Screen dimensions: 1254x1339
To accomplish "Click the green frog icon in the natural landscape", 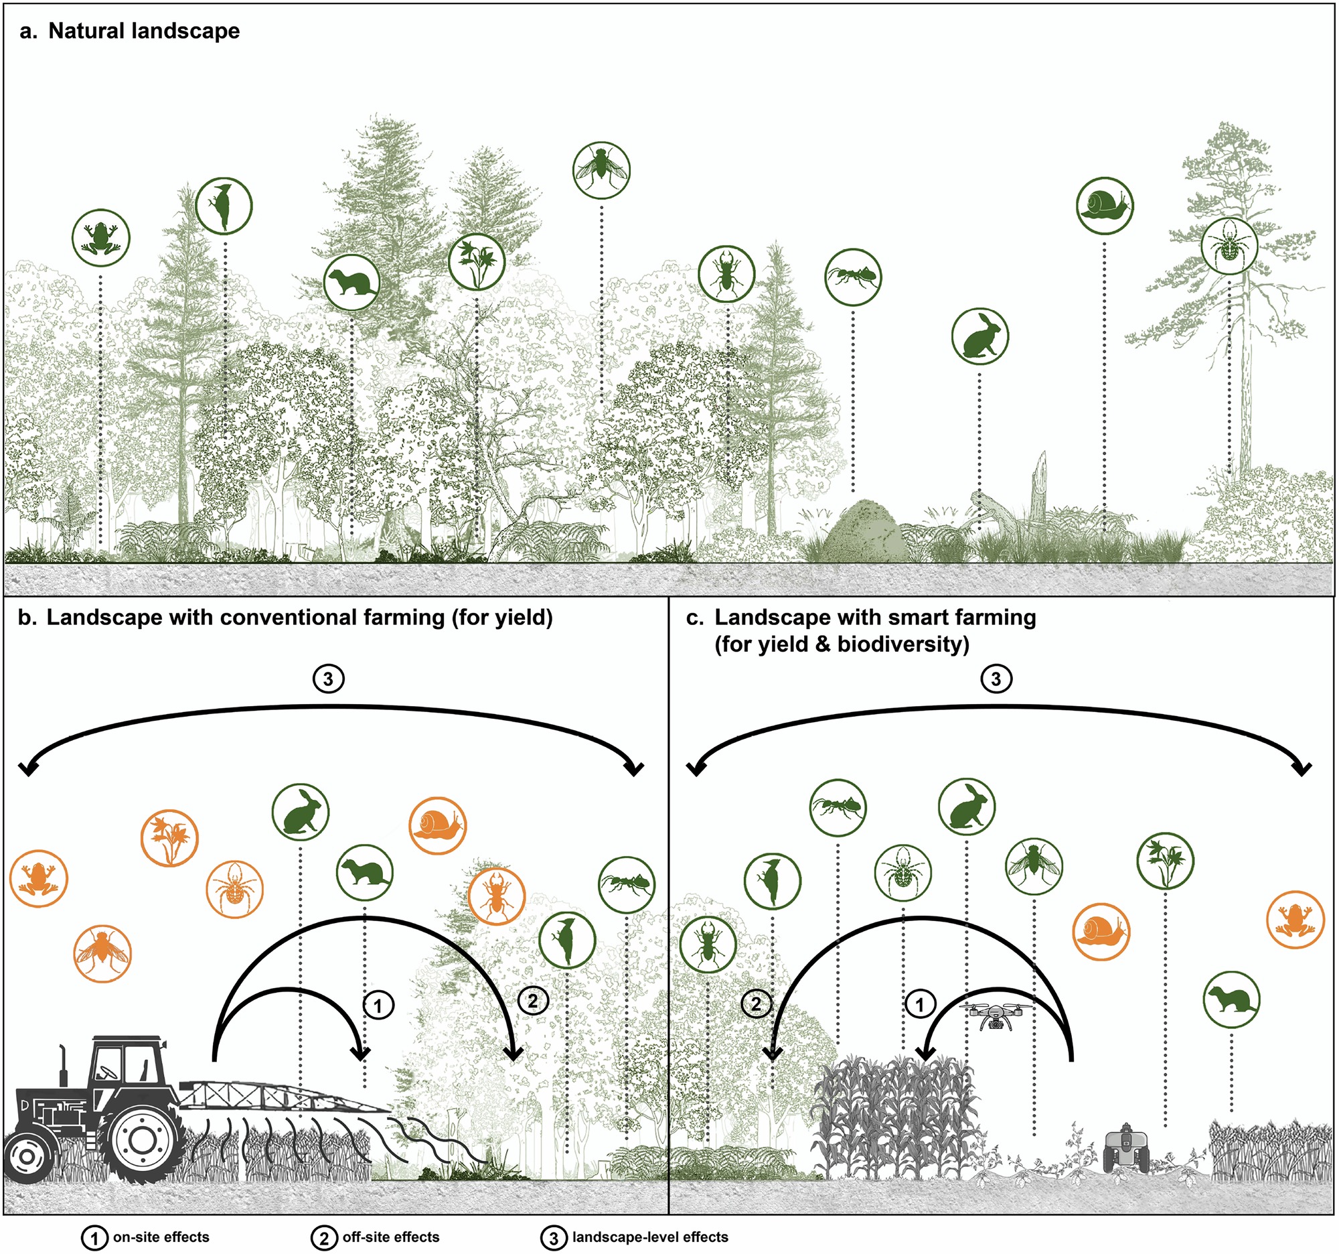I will (100, 237).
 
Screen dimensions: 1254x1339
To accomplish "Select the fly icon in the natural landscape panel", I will (601, 169).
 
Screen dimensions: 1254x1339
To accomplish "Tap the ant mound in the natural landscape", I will (864, 532).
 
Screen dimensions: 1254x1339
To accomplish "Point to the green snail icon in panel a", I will (1104, 206).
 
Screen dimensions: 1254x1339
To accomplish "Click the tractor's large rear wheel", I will (142, 1139).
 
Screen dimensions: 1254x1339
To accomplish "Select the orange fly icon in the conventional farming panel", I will (102, 953).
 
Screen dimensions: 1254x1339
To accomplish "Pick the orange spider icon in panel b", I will (234, 889).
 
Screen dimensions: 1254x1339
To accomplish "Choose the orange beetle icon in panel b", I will (496, 896).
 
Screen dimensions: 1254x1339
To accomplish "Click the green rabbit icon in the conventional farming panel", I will (301, 811).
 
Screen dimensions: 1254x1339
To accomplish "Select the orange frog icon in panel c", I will (1295, 920).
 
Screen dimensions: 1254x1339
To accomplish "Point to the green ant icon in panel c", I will (838, 807).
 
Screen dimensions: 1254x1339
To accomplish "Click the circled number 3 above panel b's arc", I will (328, 679).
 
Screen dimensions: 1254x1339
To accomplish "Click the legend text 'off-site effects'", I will (391, 1237).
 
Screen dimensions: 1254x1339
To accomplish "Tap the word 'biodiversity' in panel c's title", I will (902, 644).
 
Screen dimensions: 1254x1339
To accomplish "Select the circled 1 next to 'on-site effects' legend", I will (94, 1237).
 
